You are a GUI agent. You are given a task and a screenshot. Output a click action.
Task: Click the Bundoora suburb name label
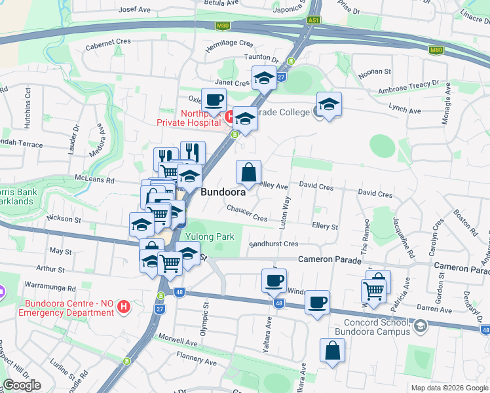(x=223, y=193)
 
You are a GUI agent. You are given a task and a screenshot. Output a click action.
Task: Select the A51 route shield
(x=314, y=20)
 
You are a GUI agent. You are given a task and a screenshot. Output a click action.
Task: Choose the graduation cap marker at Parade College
(x=329, y=103)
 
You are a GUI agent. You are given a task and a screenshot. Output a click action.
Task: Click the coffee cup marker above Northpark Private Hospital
(x=214, y=100)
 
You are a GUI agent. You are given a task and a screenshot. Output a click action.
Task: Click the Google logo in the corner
(x=22, y=385)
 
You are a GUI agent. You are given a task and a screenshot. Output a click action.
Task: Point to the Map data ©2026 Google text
(x=449, y=388)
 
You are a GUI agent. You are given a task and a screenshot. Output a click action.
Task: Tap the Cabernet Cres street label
(x=108, y=41)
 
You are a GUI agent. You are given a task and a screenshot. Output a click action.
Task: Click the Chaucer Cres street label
(x=247, y=214)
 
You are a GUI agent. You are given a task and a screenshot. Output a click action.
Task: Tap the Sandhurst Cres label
(x=273, y=244)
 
